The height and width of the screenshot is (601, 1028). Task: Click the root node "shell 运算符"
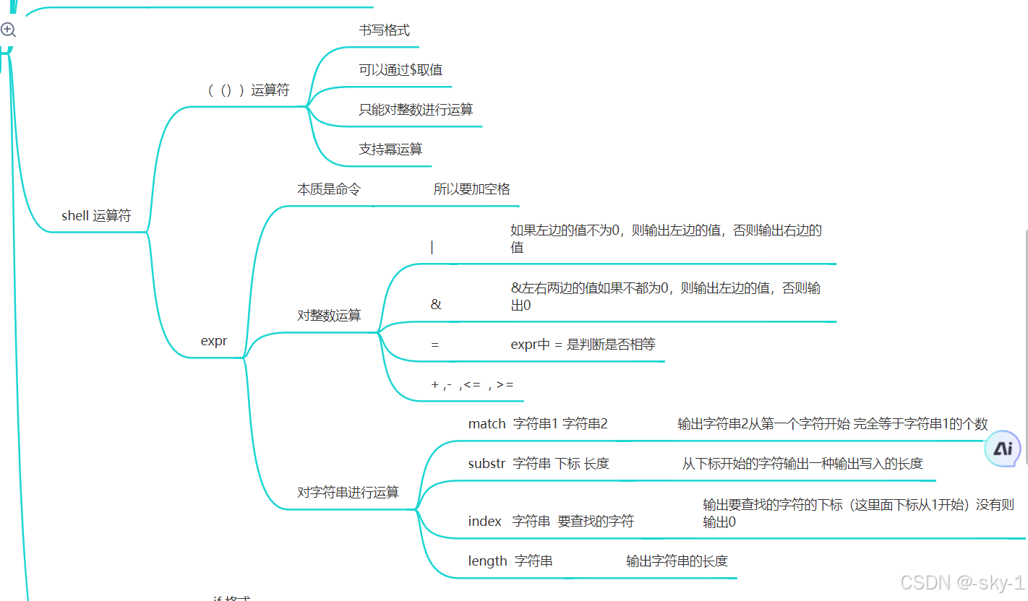tap(96, 215)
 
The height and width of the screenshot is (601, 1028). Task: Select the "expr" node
tap(214, 341)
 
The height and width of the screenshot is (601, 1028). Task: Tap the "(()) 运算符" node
tap(248, 90)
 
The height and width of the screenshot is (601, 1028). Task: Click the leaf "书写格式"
tap(384, 30)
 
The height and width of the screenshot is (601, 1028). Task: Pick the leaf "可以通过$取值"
tap(401, 70)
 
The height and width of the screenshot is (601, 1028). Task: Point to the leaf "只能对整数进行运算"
tap(416, 110)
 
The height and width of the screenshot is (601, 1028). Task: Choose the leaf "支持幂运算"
tap(390, 150)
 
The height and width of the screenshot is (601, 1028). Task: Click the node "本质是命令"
tap(329, 189)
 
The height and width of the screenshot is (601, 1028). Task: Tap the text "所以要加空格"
tap(471, 189)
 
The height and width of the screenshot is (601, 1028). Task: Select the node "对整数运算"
tap(329, 316)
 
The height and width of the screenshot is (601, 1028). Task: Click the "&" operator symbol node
tap(435, 305)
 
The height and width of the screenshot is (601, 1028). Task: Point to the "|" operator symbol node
tap(432, 247)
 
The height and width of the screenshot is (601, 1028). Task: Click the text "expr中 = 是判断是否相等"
tap(583, 345)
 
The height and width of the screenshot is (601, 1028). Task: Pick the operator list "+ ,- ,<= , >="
tap(472, 385)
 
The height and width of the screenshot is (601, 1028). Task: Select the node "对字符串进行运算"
tap(348, 493)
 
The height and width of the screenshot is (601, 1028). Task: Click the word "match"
tap(487, 424)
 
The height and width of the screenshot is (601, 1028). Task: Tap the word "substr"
tap(487, 464)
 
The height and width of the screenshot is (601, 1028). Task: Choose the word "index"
tap(484, 522)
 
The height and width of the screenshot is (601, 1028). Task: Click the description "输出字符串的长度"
tap(677, 561)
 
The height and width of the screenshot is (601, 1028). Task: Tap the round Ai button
tap(1003, 449)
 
